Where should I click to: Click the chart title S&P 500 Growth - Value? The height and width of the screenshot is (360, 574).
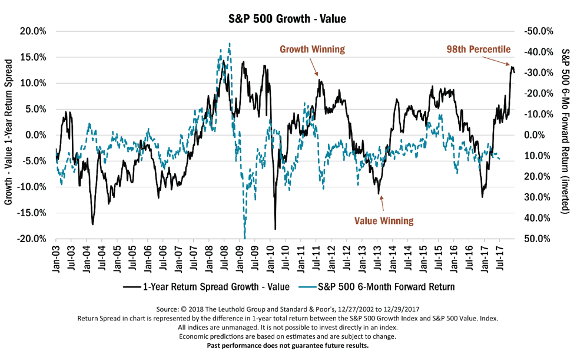coord(287,19)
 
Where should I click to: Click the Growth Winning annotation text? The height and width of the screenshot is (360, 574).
coord(311,49)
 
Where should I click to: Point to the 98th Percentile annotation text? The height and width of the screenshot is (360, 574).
coord(477,49)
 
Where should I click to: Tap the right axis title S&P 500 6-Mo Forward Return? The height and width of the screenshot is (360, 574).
coord(566,135)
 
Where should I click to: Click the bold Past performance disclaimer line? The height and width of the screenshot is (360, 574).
coord(287,345)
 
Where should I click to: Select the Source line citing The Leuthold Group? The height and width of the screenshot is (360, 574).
coord(287,309)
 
